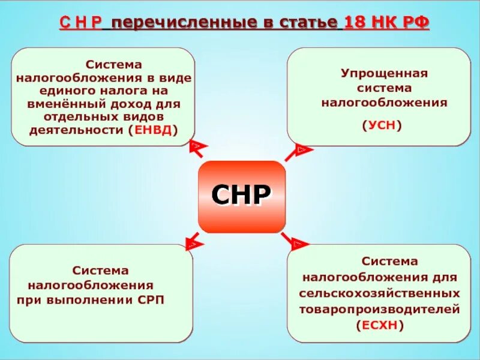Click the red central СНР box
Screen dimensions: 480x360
(x=241, y=196)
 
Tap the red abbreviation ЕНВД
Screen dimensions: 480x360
(x=153, y=130)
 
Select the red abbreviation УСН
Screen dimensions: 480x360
(x=381, y=126)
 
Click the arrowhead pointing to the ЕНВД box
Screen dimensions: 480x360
(x=195, y=146)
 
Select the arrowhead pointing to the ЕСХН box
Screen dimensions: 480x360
(x=298, y=244)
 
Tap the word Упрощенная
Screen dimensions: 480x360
(x=384, y=73)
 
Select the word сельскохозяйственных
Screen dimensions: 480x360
(x=379, y=293)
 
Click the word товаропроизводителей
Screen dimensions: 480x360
(x=379, y=309)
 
